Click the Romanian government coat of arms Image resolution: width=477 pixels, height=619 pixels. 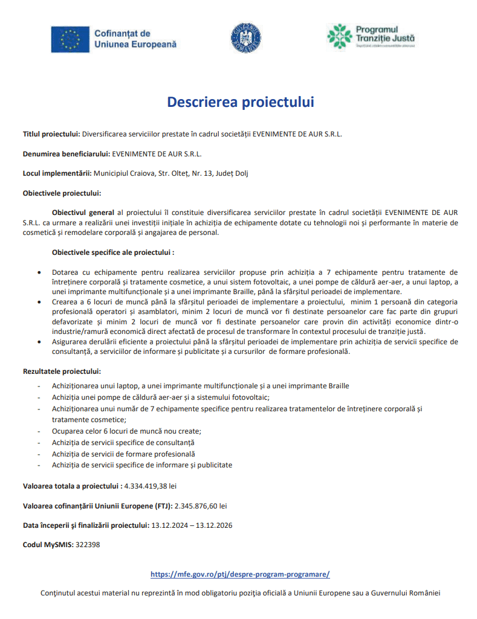[245, 37]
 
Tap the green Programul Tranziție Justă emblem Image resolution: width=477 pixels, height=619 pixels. [339, 36]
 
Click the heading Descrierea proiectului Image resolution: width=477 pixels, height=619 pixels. [241, 102]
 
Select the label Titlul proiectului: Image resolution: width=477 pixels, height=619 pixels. [51, 133]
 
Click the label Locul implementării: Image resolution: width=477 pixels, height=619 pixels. [57, 173]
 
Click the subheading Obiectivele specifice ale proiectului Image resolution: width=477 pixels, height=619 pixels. [112, 252]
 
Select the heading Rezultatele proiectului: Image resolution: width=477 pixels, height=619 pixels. [62, 371]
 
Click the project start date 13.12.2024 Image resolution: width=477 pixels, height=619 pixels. [168, 525]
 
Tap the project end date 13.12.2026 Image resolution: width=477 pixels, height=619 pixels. [213, 525]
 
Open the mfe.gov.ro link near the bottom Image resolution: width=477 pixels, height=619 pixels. [239, 574]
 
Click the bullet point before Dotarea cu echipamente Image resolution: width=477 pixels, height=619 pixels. [39, 272]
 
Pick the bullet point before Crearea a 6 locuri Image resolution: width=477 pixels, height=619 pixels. [39, 302]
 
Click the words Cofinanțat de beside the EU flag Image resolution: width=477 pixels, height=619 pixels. [122, 33]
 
